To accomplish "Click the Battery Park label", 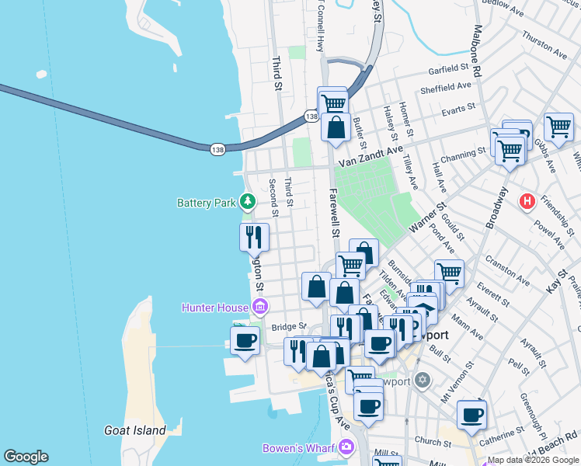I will (x=206, y=203).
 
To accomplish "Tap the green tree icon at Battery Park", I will (x=248, y=203).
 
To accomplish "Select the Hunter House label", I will (x=215, y=308).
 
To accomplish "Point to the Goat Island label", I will (x=135, y=429).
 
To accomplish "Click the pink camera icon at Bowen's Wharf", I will (x=345, y=447).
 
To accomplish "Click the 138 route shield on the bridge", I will (x=217, y=148).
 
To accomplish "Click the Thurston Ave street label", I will (x=544, y=45).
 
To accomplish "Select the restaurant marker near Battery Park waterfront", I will (x=254, y=236).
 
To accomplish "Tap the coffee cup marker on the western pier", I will (x=245, y=339).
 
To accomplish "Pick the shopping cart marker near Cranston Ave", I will (x=449, y=273).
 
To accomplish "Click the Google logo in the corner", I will (x=26, y=457).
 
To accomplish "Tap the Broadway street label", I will (x=496, y=208).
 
